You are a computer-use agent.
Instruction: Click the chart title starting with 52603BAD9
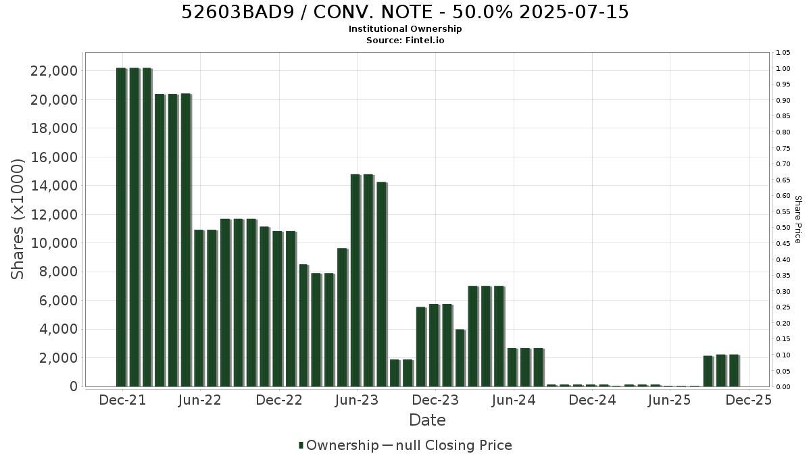(x=405, y=12)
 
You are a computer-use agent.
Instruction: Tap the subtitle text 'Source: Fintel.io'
(x=405, y=40)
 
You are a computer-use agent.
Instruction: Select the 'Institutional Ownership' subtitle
(x=405, y=29)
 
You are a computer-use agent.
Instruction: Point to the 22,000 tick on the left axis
(x=54, y=71)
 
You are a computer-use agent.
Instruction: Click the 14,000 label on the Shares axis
(x=54, y=186)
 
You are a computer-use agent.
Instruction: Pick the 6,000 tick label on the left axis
(x=58, y=301)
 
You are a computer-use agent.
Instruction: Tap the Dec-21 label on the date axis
(x=122, y=400)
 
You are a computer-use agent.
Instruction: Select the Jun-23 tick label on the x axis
(x=357, y=400)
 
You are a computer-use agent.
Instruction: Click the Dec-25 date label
(x=748, y=400)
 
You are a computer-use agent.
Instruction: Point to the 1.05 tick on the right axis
(x=783, y=53)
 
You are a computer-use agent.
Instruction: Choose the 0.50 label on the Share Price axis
(x=783, y=228)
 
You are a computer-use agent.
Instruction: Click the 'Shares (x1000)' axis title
(x=17, y=219)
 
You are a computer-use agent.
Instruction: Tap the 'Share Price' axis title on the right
(x=797, y=220)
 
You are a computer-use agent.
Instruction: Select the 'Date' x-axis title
(x=427, y=420)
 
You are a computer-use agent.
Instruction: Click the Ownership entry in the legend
(x=339, y=445)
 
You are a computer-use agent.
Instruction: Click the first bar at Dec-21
(x=121, y=227)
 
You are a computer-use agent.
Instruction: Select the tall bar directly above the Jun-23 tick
(x=355, y=280)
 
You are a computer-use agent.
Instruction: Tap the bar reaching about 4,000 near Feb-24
(x=460, y=358)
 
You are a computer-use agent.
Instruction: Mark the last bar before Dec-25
(x=734, y=371)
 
